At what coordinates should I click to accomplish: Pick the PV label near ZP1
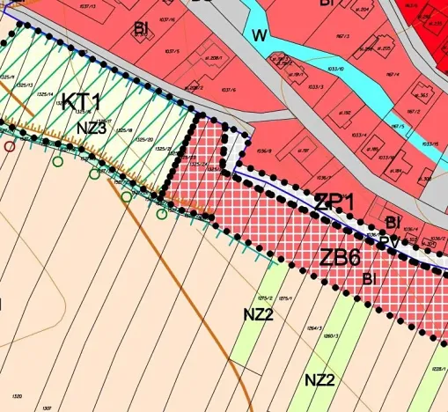click(x=386, y=239)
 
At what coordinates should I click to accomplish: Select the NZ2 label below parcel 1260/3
click(x=319, y=379)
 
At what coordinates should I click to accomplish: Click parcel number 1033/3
click(x=315, y=86)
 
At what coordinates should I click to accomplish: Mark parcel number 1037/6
click(x=228, y=90)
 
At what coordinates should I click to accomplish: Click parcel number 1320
click(x=14, y=396)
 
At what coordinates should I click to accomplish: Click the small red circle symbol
click(x=10, y=146)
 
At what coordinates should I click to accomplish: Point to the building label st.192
click(x=346, y=113)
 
